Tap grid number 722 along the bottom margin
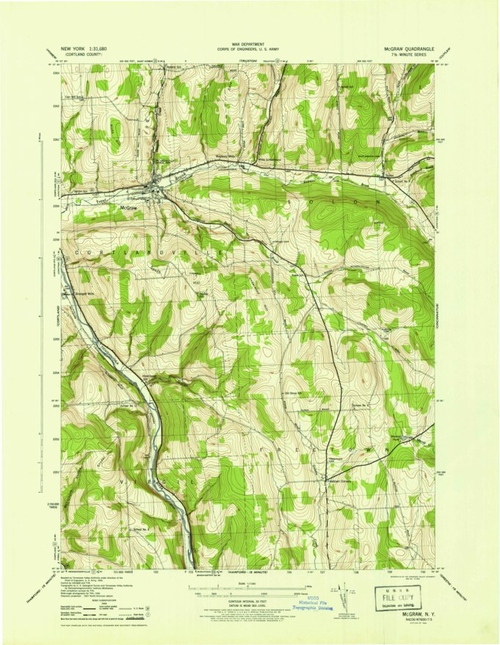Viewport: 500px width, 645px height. pyautogui.click(x=156, y=569)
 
